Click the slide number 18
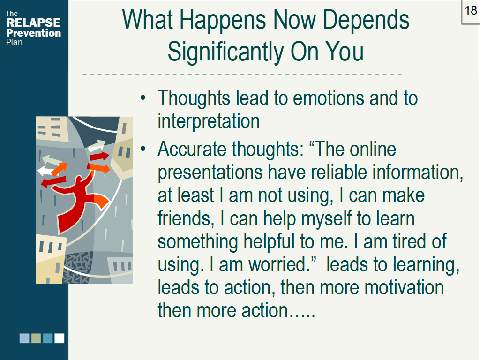(471, 10)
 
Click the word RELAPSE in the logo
(33, 23)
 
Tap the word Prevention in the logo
(33, 33)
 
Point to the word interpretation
(209, 121)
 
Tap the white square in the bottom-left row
(59, 338)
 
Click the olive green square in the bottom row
(36, 338)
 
